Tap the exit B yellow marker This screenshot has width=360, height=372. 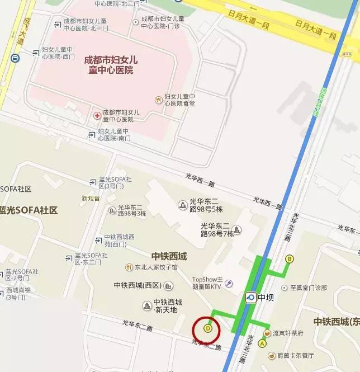point(289,259)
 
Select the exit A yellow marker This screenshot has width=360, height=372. point(262,343)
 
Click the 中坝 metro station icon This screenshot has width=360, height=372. point(250,297)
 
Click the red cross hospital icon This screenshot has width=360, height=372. point(97,115)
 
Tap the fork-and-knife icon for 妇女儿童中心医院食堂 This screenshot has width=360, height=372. point(159,100)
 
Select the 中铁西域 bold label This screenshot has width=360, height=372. point(169,256)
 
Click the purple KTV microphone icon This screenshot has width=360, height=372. point(229,284)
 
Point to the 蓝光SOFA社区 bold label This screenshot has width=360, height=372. point(29,210)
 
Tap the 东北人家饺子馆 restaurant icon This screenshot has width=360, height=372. point(128,267)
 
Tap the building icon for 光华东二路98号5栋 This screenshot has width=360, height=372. point(182,205)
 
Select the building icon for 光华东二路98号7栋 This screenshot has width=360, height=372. point(237,229)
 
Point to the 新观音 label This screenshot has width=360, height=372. point(91,198)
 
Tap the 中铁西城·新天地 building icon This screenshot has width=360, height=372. point(148,305)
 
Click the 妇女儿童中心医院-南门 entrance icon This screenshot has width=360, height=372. point(93,134)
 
